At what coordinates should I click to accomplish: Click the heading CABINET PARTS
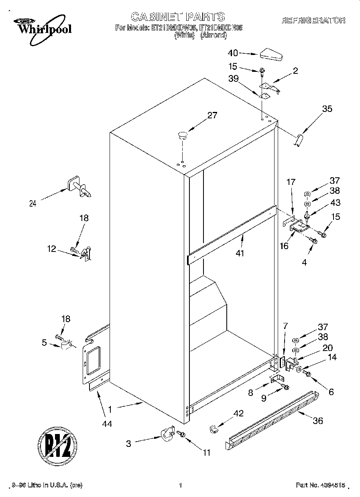point(178,16)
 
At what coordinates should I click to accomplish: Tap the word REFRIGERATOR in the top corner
point(313,20)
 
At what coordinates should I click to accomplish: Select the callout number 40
point(233,53)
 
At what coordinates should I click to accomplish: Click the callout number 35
point(327,108)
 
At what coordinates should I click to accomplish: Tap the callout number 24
point(33,203)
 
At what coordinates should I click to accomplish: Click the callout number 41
point(240,253)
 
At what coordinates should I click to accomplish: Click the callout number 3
point(128,444)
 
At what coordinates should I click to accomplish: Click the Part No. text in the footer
point(320,485)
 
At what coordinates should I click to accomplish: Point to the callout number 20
point(327,348)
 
